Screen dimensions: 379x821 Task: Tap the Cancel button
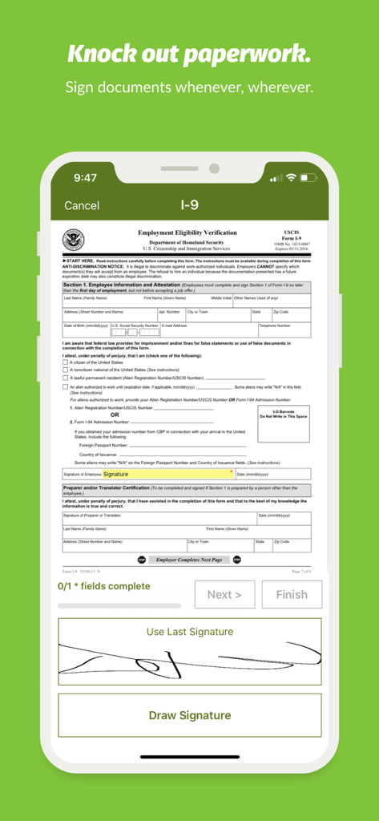tap(82, 206)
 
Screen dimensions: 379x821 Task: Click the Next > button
tap(224, 594)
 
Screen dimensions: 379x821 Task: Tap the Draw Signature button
tap(189, 715)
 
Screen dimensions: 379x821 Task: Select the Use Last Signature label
tap(190, 632)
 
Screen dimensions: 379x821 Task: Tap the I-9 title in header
tap(189, 205)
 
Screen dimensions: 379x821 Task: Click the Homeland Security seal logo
tap(74, 241)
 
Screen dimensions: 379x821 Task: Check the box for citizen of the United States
tap(66, 362)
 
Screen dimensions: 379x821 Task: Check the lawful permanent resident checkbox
tap(66, 378)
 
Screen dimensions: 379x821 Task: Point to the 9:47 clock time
tap(85, 178)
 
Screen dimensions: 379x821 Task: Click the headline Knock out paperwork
tap(189, 55)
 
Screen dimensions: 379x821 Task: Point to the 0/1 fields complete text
tap(103, 586)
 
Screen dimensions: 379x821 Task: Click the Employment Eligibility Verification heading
tap(187, 233)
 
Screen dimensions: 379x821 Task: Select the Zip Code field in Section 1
tap(290, 314)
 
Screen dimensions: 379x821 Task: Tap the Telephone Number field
tap(284, 329)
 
